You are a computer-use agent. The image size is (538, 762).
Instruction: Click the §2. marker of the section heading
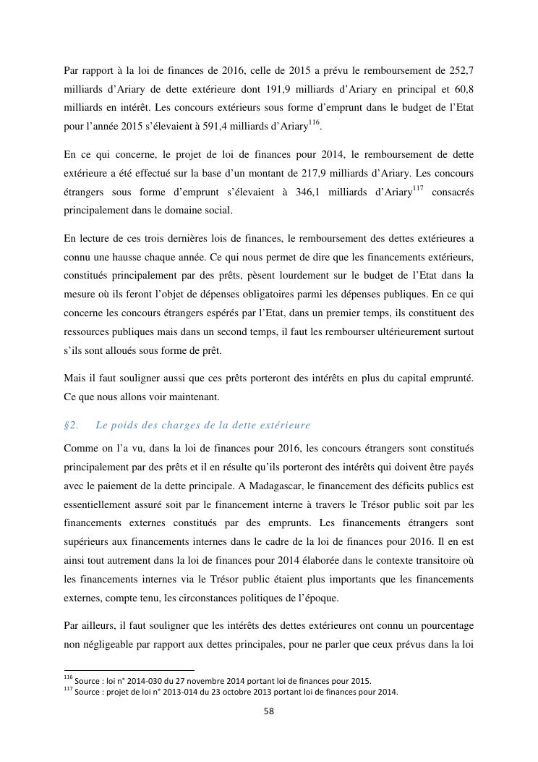pos(71,425)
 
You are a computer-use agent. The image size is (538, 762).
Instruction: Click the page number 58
pos(268,711)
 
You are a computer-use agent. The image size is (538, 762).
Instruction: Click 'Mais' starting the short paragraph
pos(75,379)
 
